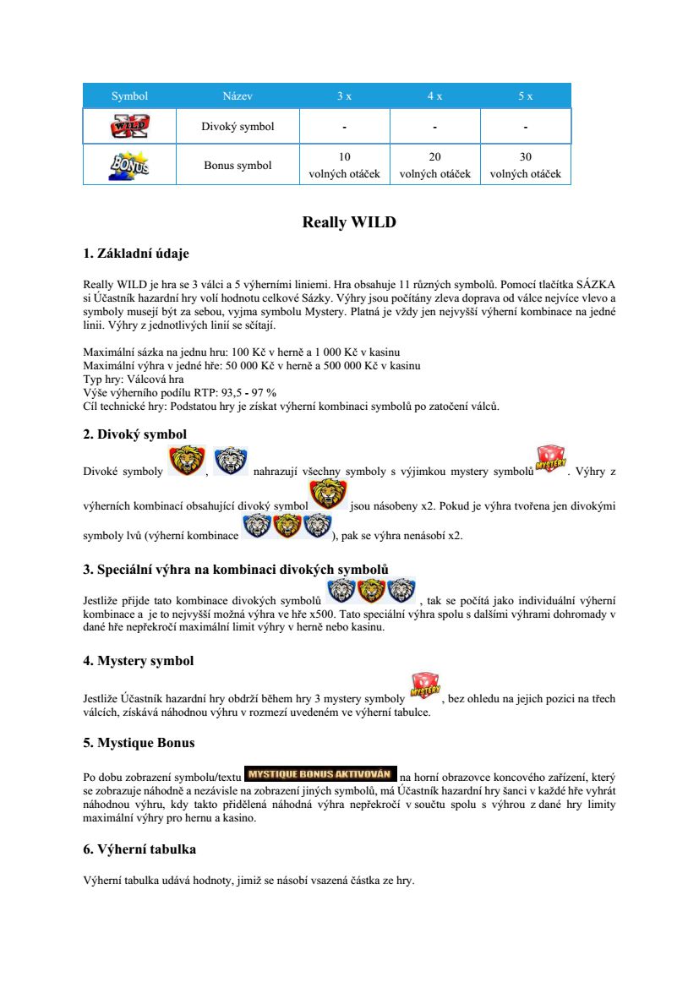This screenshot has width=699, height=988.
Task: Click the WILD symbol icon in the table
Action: (129, 127)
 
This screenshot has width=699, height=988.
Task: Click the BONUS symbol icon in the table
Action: (129, 165)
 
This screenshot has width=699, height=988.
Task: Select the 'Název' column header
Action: (238, 96)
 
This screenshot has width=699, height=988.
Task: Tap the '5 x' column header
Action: (525, 96)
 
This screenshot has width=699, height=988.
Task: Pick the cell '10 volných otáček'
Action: (344, 166)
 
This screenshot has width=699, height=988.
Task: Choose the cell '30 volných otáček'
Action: (525, 166)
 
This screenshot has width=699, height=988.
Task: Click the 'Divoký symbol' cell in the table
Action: (238, 127)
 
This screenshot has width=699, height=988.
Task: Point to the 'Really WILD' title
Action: (349, 223)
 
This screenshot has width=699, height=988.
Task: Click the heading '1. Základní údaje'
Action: (136, 254)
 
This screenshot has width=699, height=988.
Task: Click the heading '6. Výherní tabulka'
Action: (139, 849)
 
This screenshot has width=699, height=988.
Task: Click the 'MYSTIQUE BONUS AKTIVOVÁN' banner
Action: (320, 773)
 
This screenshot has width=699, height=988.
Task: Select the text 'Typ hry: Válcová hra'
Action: (134, 379)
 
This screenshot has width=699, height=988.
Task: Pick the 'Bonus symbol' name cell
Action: (238, 166)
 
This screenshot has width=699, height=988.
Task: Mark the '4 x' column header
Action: (434, 96)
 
